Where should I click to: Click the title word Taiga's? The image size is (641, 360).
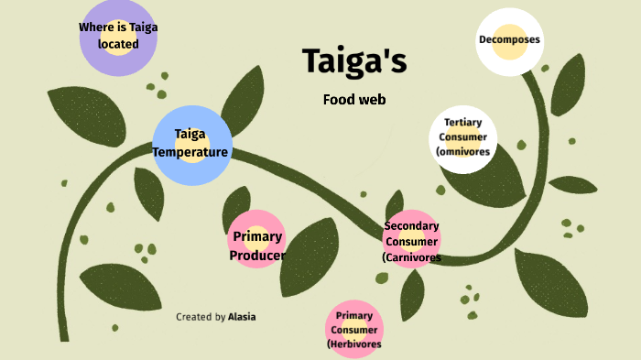pos(354,61)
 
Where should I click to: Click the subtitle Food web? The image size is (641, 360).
pos(354,99)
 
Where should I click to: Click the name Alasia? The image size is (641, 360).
pos(242,317)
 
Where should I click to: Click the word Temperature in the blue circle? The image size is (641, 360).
pos(190,151)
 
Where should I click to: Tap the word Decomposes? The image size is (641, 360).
pos(509,39)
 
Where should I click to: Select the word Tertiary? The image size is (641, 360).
pos(463,122)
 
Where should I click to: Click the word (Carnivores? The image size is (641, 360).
pos(412,258)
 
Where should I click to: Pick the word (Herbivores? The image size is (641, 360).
pos(354,344)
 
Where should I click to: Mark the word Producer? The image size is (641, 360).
pos(257,256)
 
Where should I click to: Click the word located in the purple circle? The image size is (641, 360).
pos(117,43)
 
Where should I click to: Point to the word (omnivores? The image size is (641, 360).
pos(463,151)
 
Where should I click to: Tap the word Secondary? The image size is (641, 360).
pos(412,225)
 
